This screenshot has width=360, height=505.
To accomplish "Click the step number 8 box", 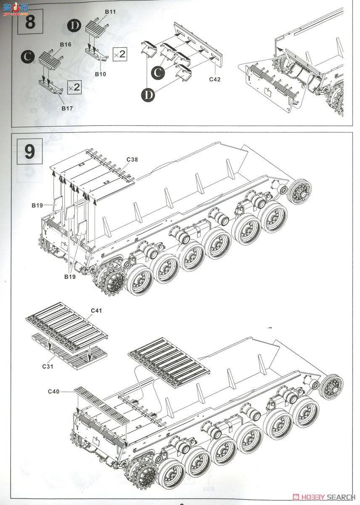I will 30,22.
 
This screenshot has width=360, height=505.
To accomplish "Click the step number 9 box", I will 29,151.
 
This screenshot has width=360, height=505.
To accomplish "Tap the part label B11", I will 110,12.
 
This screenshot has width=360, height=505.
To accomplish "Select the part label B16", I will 65,44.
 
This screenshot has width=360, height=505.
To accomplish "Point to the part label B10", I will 100,74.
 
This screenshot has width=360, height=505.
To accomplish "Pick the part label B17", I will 67,108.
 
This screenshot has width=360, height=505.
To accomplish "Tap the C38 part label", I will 132,159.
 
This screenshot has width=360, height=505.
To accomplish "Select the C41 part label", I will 96,311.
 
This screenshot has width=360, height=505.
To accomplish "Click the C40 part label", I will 53,391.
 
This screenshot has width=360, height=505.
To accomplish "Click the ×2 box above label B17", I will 74,87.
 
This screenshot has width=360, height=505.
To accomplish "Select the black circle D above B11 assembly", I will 74,25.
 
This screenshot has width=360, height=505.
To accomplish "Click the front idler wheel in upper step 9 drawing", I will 300,192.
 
